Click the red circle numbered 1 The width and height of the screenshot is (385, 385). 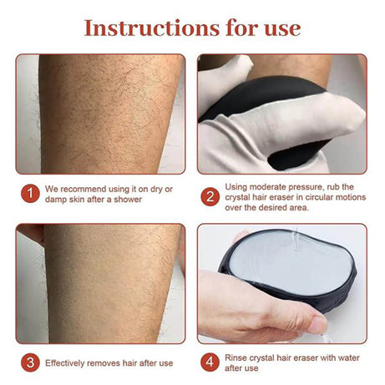point(29,193)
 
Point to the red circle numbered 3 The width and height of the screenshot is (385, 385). point(29,362)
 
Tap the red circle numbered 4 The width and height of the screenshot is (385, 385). point(210,362)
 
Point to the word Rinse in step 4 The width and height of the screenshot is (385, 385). point(238,357)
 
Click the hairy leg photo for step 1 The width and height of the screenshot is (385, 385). point(100,113)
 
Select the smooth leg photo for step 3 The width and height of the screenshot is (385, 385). point(100,284)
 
